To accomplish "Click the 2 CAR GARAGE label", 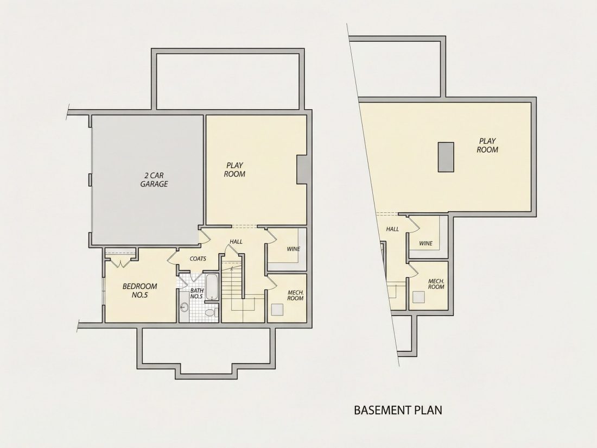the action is tap(154, 180).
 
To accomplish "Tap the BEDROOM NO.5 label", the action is tap(139, 291).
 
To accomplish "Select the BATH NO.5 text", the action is tap(196, 293).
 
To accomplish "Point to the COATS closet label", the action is tap(198, 258).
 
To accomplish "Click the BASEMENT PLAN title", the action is tap(398, 411).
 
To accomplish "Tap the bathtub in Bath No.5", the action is tap(212, 287).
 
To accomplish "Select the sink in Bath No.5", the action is tap(185, 307).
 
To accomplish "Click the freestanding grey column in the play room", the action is tap(446, 157).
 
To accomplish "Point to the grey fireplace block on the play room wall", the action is tap(302, 170).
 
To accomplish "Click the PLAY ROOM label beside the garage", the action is tap(234, 170).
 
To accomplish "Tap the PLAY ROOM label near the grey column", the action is tap(487, 146).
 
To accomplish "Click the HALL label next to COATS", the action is tap(236, 242).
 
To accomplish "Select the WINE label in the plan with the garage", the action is tap(294, 249).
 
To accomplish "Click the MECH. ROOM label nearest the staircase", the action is tap(295, 295).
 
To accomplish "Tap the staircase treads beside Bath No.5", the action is tap(232, 282).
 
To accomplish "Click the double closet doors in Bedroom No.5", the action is tap(120, 263).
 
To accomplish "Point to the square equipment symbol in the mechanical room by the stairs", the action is tap(277, 309).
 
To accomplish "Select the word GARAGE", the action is tap(154, 184).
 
